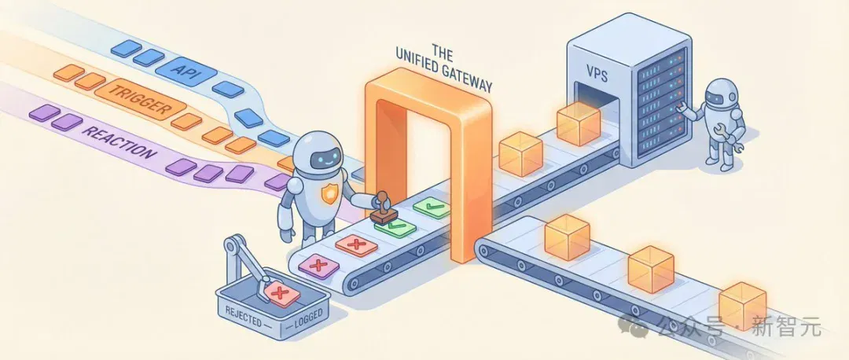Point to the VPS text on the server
(x=597, y=75)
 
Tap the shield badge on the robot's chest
(x=329, y=193)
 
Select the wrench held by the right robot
(x=729, y=137)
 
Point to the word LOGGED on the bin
(x=307, y=314)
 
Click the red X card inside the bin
(x=280, y=293)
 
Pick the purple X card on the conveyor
(x=318, y=265)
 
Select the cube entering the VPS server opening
(x=579, y=123)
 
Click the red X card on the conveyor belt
(x=356, y=245)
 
